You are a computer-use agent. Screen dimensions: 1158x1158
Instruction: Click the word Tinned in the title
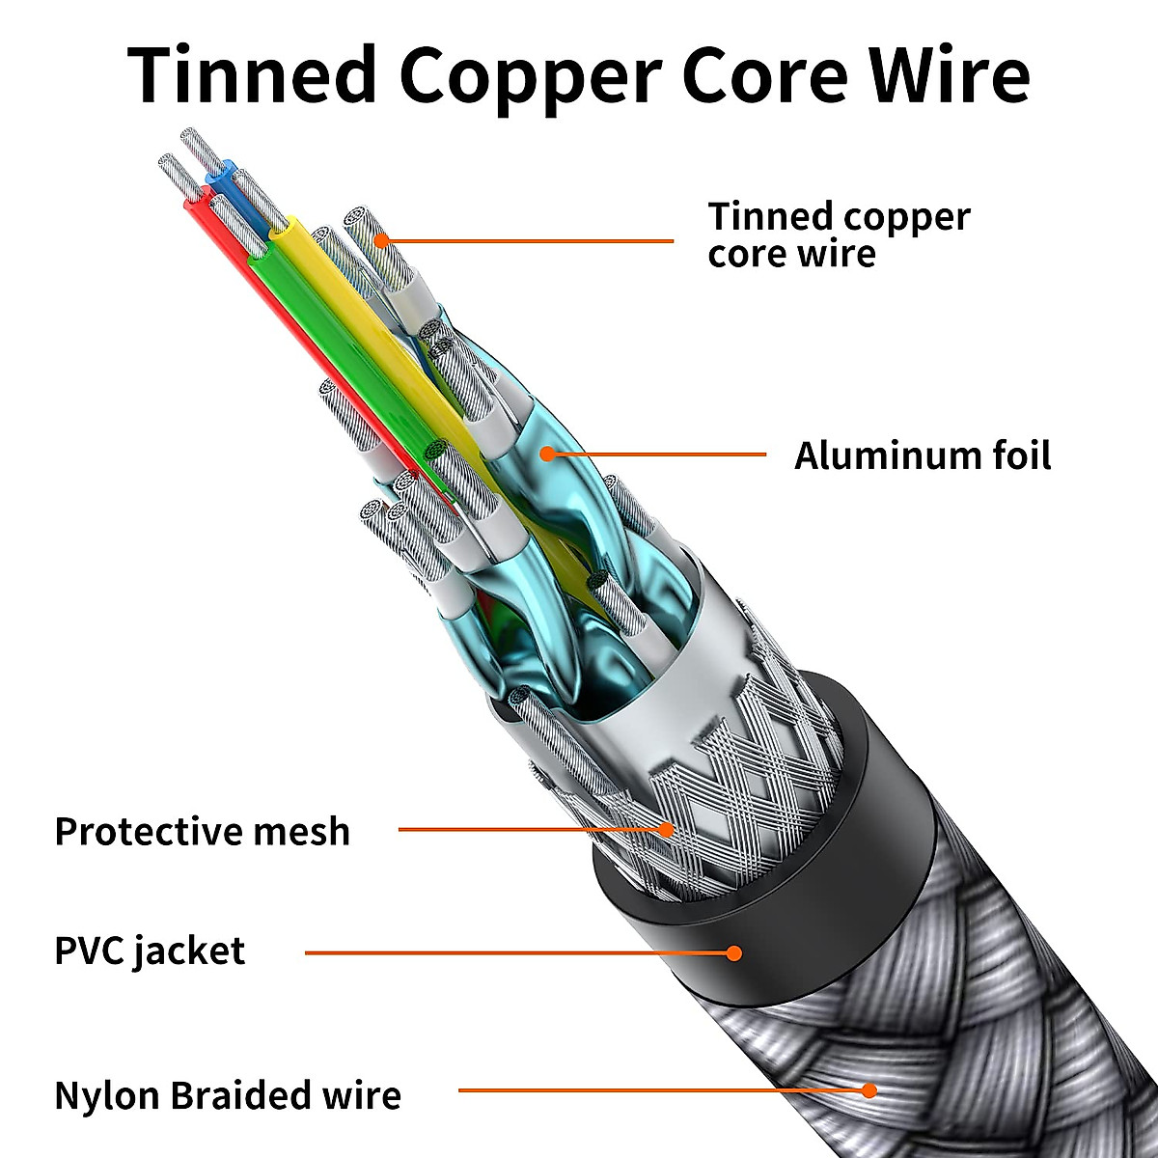coord(253,75)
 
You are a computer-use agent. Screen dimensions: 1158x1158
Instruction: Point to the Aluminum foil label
coord(922,455)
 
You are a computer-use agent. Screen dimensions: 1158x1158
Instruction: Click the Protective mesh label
coord(202,831)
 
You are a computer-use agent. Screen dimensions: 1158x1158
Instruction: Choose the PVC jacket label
coord(150,951)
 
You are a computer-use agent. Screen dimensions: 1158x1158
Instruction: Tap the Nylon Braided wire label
coord(228,1095)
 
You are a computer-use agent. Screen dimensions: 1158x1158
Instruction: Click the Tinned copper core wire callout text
coord(838,234)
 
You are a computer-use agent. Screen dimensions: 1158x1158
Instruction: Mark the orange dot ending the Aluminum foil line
coord(547,454)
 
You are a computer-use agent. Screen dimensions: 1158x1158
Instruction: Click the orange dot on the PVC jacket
coord(734,952)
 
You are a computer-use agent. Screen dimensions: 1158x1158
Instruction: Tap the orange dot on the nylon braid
coord(868,1090)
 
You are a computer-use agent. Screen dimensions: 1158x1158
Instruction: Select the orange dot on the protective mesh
coord(666,828)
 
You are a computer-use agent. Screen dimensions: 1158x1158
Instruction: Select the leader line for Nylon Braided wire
coord(656,1090)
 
